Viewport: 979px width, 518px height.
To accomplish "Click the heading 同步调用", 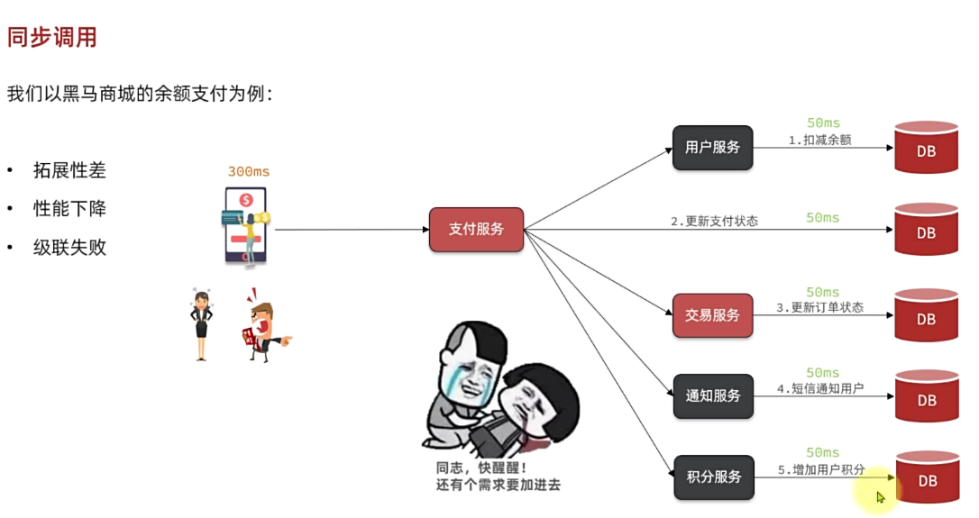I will (x=51, y=37).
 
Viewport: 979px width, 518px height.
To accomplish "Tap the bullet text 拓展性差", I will (x=69, y=169).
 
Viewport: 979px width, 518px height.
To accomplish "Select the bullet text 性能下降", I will (x=69, y=208).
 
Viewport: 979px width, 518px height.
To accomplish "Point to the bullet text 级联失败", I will (x=69, y=247).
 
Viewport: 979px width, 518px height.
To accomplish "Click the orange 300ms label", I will (x=248, y=171).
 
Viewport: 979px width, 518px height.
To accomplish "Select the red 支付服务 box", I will (x=476, y=229).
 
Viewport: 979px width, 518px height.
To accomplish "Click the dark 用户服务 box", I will (x=712, y=148).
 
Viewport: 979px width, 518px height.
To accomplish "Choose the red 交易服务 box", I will (x=712, y=315).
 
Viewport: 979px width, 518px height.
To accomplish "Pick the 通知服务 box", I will (x=712, y=395).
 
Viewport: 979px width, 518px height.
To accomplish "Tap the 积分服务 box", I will (x=712, y=477).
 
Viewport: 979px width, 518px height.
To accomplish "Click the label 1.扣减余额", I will (x=819, y=141).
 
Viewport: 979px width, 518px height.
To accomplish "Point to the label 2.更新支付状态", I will (x=714, y=221).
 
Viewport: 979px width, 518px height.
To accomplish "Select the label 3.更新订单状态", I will (x=819, y=308).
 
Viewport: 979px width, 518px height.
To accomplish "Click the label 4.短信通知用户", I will (x=819, y=388).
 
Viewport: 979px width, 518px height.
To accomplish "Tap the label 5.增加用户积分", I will (x=820, y=469).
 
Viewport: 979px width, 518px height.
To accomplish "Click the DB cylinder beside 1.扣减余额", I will (x=926, y=148).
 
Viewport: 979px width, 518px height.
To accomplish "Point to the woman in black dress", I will (x=200, y=324).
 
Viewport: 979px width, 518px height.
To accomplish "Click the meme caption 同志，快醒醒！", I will (x=480, y=468).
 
